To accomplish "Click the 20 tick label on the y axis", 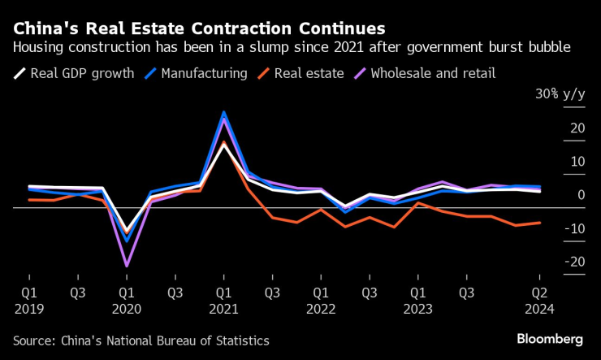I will pyautogui.click(x=577, y=128).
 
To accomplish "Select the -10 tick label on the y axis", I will pyautogui.click(x=576, y=228).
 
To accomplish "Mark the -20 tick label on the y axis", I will pyautogui.click(x=576, y=262).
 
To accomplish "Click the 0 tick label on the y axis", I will pyautogui.click(x=581, y=195).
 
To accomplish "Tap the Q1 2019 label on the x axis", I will pyautogui.click(x=28, y=298).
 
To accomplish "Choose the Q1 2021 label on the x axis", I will pyautogui.click(x=223, y=298).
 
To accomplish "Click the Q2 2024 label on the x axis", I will pyautogui.click(x=540, y=298).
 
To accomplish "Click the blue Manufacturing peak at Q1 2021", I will pyautogui.click(x=223, y=112).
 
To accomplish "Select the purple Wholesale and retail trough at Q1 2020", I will pyautogui.click(x=126, y=266).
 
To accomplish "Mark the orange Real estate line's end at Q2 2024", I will pyautogui.click(x=540, y=222).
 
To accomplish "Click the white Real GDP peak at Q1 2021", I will pyautogui.click(x=223, y=144).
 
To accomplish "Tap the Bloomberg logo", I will pyautogui.click(x=550, y=338).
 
